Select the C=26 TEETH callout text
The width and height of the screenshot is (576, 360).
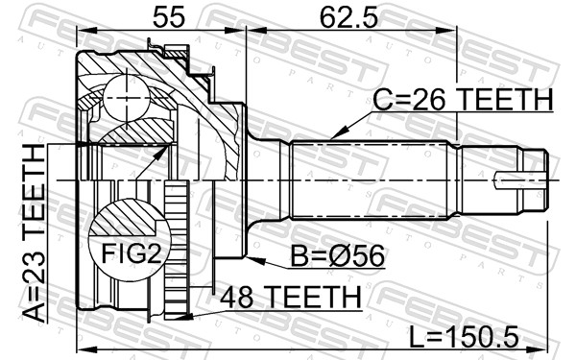point(462,100)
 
